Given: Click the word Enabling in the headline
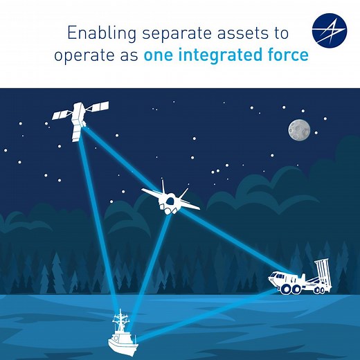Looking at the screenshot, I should tap(93, 33).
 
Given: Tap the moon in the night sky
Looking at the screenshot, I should tap(299, 129).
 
